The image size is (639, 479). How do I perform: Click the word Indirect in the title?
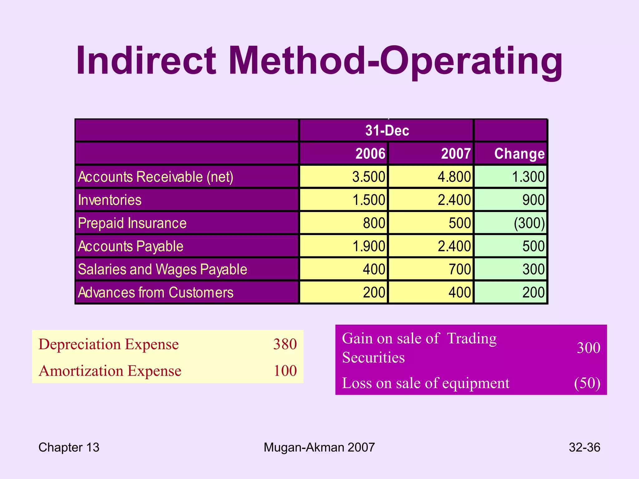pos(146,60)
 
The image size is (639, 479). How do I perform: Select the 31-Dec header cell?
pos(387,130)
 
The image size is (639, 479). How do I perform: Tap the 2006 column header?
pos(370,154)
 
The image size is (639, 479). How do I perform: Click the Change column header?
pos(519,154)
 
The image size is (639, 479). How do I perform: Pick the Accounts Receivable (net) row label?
pos(155,177)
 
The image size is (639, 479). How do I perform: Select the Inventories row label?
pos(110,200)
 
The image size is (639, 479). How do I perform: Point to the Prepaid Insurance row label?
pos(132,223)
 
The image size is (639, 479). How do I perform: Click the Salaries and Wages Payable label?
pos(162,269)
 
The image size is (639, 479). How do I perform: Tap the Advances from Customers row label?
pos(155,293)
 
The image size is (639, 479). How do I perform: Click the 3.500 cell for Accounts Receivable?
pos(368,177)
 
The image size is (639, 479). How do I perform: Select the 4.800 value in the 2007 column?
pos(454,177)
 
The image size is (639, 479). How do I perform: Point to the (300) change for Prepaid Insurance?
pos(529,223)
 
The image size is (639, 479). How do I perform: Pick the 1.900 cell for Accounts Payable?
pos(368,246)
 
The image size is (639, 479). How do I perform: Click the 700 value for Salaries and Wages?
pos(460,269)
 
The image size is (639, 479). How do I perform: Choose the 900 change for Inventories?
pos(533,200)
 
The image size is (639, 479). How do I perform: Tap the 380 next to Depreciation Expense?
pos(285,344)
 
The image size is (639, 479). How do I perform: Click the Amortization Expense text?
pos(110,371)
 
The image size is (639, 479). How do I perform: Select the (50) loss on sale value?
pos(587,383)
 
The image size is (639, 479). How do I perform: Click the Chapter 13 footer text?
pos(69,448)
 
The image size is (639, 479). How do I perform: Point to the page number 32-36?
pos(584,448)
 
